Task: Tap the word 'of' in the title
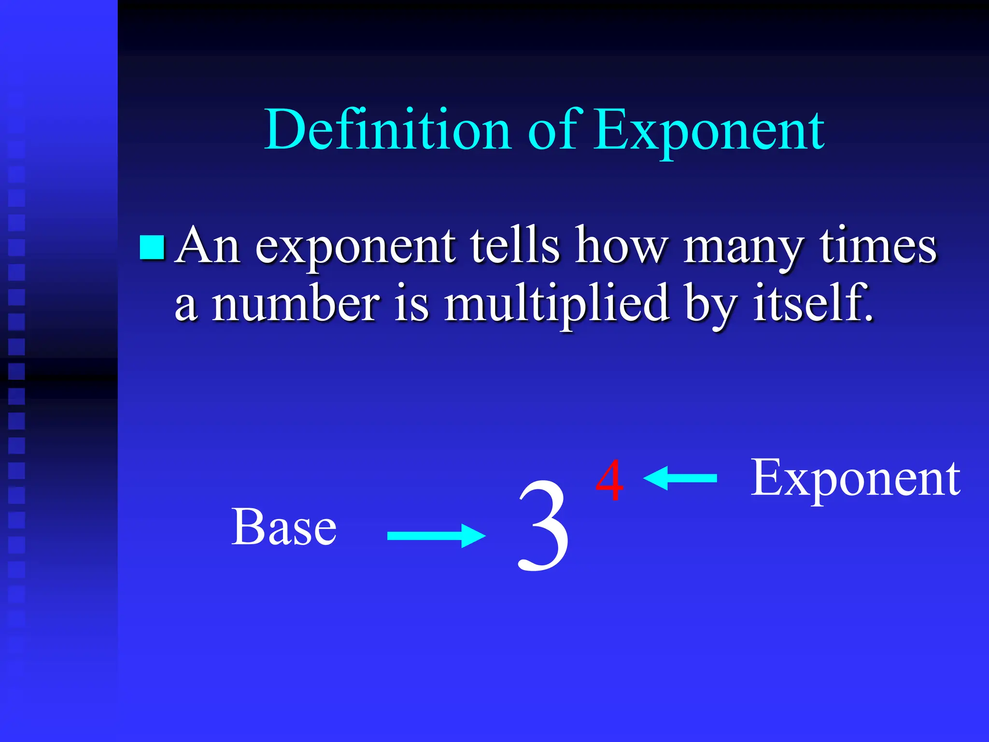pos(552,129)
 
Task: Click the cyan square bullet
pos(152,247)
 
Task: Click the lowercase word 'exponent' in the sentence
pos(355,247)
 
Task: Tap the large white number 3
pos(543,527)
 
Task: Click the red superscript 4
pos(609,481)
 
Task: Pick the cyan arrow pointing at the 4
pos(680,478)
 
